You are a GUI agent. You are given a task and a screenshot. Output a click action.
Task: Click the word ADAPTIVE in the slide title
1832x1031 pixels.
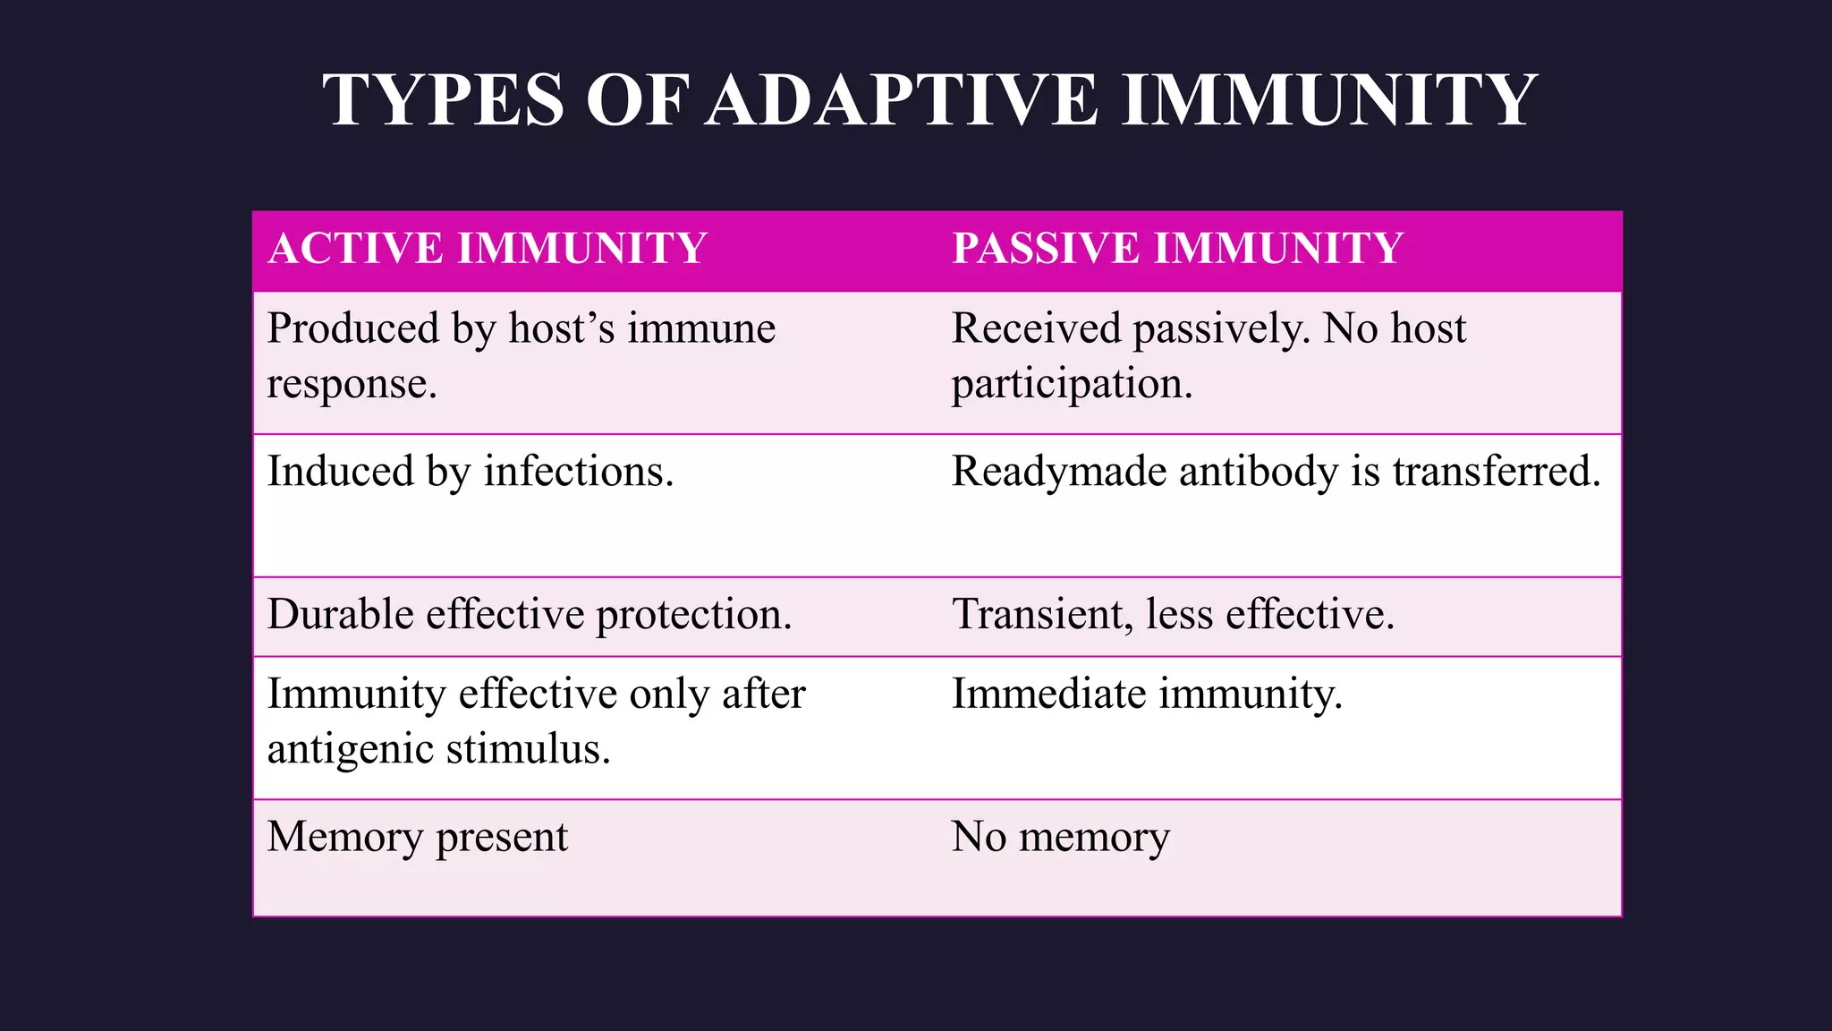(x=903, y=99)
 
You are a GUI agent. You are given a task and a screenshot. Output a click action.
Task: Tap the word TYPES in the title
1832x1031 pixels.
(x=444, y=99)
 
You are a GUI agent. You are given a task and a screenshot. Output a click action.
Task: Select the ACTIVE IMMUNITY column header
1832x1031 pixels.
(x=488, y=248)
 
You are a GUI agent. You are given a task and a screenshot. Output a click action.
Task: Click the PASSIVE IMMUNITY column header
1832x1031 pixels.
(x=1177, y=248)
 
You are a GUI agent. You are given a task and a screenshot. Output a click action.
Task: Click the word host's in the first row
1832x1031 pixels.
(x=562, y=328)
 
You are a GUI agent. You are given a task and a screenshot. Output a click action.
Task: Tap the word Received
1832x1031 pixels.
(x=1036, y=328)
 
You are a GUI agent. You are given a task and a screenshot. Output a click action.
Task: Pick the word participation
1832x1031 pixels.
(x=1072, y=385)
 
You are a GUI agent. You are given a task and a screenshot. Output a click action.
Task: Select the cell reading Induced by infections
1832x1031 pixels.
(x=471, y=472)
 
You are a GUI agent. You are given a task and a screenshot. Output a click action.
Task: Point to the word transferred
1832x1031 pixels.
(x=1497, y=472)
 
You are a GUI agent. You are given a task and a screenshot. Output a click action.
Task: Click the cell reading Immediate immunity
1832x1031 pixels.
(x=1147, y=694)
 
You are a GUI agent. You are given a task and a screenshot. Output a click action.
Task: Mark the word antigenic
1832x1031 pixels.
(x=350, y=749)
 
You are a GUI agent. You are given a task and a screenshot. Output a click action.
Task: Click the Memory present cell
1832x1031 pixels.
(x=417, y=837)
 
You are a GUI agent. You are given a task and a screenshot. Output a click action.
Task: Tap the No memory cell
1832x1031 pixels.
(x=1060, y=837)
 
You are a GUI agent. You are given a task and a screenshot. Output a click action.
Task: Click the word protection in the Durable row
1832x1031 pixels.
(x=694, y=615)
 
